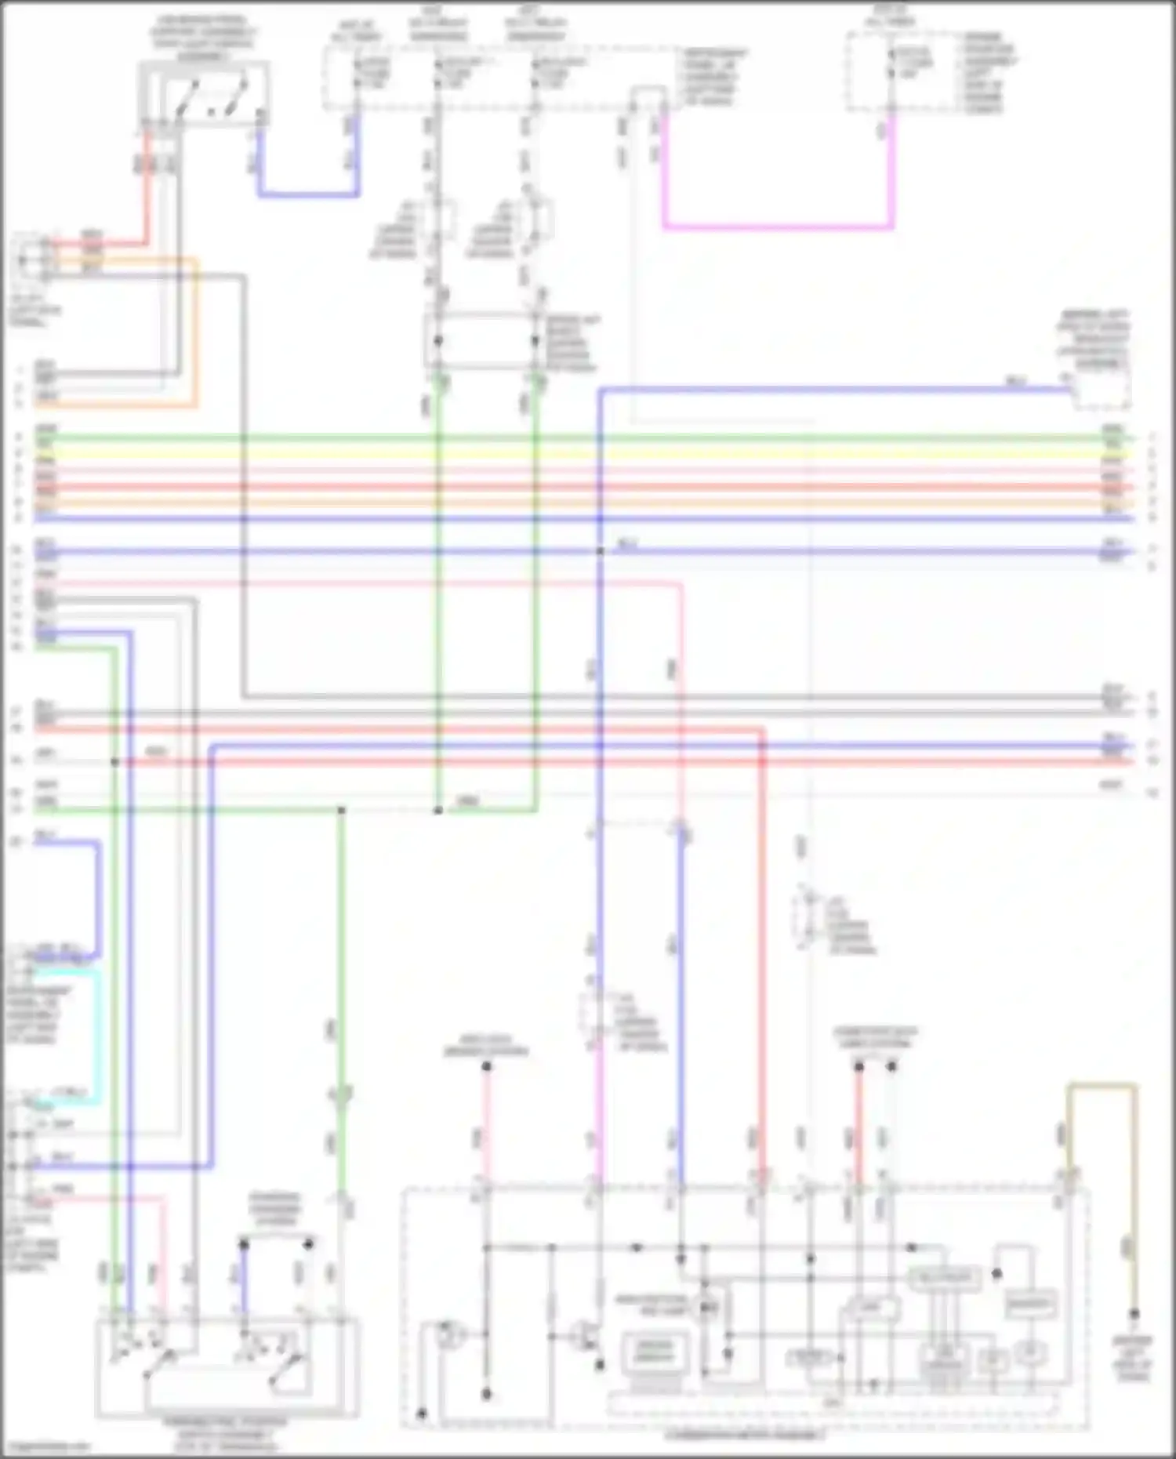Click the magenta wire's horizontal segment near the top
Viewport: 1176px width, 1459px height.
[x=776, y=228]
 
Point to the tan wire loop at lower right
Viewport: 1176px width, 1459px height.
[x=1102, y=1086]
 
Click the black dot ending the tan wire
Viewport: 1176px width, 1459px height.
[x=1134, y=1313]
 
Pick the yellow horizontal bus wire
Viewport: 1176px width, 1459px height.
[x=580, y=454]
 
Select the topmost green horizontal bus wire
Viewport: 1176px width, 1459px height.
[x=580, y=437]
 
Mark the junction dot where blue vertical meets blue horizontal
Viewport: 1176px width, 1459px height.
[x=600, y=551]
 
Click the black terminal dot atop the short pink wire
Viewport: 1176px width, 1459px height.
[x=486, y=1066]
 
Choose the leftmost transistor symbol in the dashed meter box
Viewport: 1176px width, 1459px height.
[x=451, y=1334]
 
